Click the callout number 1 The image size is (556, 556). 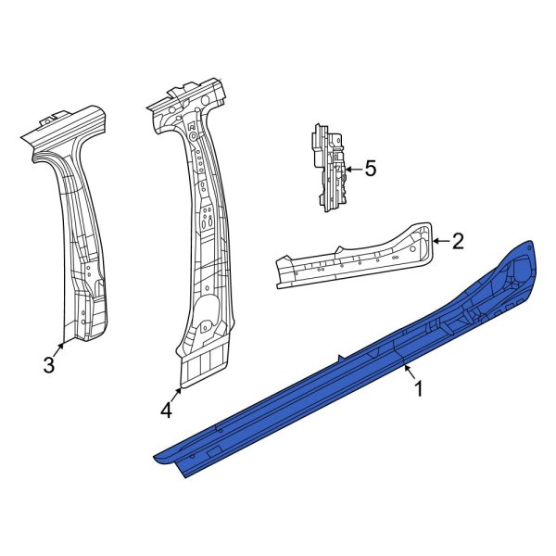(x=418, y=390)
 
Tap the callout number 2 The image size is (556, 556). (x=457, y=242)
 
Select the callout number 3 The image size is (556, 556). (x=49, y=366)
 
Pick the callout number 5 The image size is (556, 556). (x=370, y=169)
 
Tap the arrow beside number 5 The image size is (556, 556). (x=352, y=169)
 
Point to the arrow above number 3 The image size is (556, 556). (x=60, y=347)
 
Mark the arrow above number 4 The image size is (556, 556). (x=178, y=391)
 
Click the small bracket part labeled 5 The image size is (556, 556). (x=328, y=167)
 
